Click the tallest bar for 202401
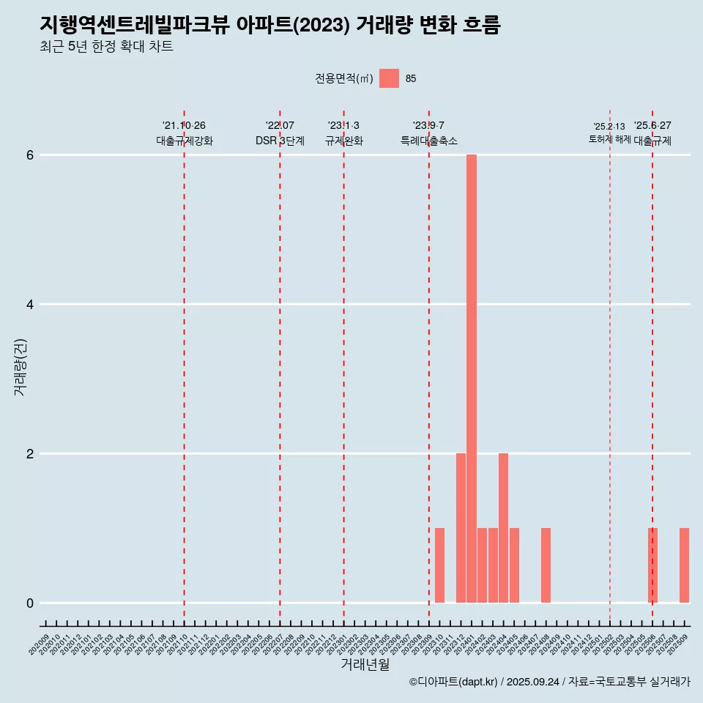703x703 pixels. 472,379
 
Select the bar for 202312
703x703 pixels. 461,528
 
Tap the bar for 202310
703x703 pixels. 439,565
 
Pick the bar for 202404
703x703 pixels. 503,528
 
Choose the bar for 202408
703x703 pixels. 546,565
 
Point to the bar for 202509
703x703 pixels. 684,565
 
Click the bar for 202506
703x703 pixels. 652,565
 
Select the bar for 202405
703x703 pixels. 514,565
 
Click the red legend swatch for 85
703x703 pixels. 389,78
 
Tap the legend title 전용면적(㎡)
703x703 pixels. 344,79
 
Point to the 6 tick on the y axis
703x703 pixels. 31,155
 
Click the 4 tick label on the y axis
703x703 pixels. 31,305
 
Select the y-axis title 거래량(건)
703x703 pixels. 20,367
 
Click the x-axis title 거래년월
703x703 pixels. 365,664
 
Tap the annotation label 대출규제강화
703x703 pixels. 185,141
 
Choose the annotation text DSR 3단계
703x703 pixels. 280,141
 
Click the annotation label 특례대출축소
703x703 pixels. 429,141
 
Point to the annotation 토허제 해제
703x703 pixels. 610,138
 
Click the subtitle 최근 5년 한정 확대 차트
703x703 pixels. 107,47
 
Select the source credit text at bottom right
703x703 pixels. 549,682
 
